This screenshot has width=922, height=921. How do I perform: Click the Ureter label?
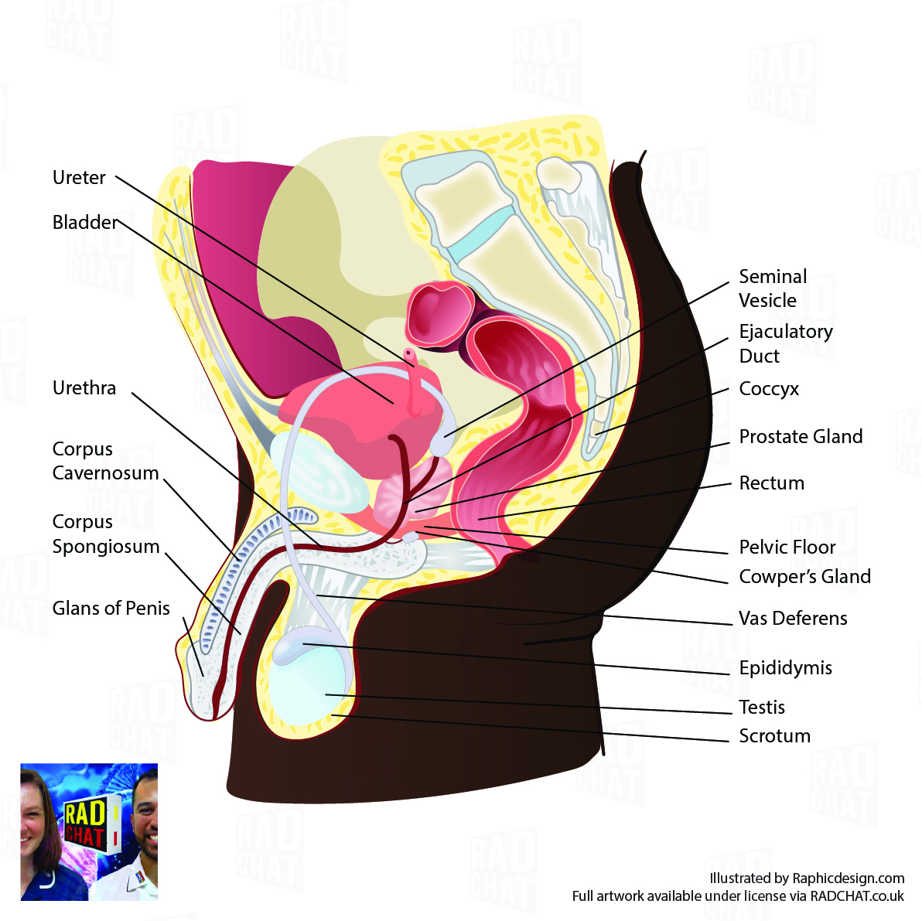[79, 178]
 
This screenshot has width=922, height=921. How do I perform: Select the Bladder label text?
[84, 223]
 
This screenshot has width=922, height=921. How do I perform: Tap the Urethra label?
[84, 388]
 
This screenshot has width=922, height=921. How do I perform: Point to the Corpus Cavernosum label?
[105, 461]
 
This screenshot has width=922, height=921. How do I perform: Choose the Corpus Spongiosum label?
[106, 534]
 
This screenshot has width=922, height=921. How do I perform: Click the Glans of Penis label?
[111, 609]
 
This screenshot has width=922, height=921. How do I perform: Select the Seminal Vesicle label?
[773, 288]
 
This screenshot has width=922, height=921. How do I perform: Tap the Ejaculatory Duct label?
[785, 343]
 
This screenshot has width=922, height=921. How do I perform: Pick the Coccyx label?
[769, 389]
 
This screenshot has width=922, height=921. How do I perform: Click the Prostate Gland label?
[801, 437]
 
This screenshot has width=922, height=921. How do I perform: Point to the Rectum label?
[772, 483]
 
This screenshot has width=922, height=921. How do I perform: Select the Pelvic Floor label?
[787, 547]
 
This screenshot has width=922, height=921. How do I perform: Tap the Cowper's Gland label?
[804, 577]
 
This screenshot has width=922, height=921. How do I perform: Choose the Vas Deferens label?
[793, 619]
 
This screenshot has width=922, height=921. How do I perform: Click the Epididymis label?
[785, 668]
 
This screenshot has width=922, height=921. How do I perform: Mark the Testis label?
[762, 708]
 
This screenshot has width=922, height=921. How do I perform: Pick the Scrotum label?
[774, 736]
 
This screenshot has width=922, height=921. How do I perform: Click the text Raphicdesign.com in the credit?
[849, 878]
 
